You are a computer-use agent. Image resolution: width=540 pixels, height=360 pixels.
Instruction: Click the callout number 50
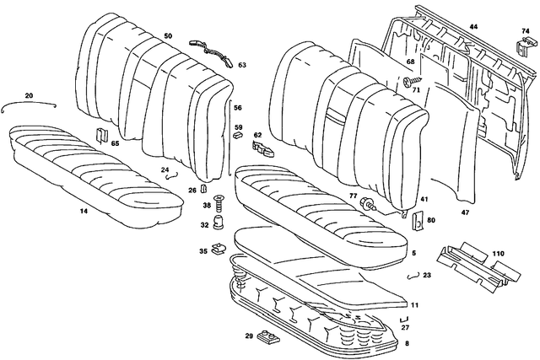point(168,36)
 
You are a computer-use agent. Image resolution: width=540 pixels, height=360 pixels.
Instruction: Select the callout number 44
point(473,28)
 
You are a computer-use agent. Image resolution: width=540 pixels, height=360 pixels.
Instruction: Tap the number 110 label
point(498,254)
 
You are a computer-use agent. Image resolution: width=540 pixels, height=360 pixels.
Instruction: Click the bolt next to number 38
point(218,202)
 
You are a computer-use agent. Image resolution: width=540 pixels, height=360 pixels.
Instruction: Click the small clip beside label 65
point(101,135)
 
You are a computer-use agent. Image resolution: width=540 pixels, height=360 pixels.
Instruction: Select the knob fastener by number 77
point(368,204)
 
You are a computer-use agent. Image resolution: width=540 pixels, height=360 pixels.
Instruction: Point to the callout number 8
point(408,344)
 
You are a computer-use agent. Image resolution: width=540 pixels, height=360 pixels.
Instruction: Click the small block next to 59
point(238,133)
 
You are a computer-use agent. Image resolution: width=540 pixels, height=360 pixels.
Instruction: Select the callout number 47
point(465,213)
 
